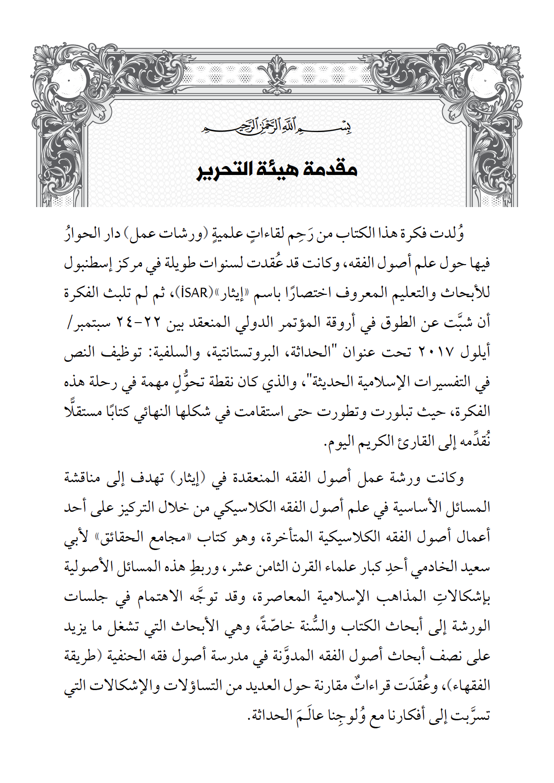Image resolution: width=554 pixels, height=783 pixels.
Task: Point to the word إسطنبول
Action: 92,263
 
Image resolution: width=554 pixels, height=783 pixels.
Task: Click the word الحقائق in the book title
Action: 123,537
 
